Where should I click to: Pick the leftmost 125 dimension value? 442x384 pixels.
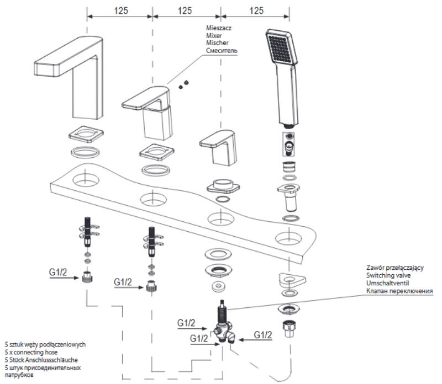pos(119,10)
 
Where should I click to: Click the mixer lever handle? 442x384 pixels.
pos(145,98)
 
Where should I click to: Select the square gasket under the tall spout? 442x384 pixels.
pos(85,134)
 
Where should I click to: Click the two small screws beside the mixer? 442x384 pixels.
pos(184,83)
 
